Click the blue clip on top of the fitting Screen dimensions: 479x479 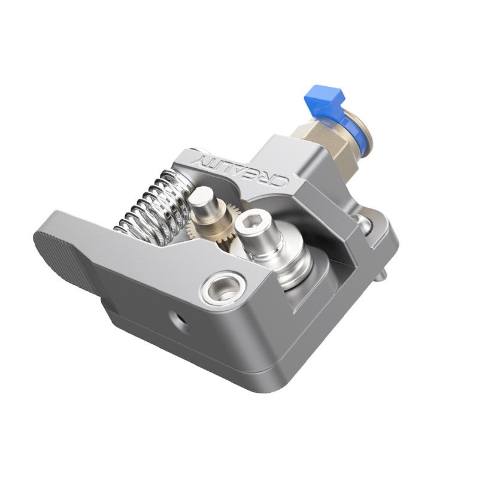[322, 95]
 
